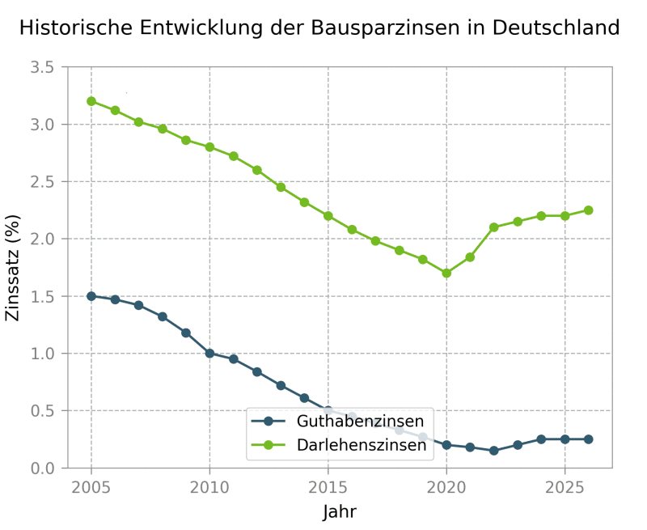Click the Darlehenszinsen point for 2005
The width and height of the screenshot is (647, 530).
coord(91,101)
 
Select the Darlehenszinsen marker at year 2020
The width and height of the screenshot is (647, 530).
coord(446,273)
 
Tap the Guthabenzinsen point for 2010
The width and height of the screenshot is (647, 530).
coord(209,354)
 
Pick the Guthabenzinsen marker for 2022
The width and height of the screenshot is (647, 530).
coord(493,451)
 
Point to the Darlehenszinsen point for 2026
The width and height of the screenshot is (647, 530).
coord(588,210)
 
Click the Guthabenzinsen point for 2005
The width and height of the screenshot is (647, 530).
coord(91,296)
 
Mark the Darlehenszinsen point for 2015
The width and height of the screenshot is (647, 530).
coord(328,216)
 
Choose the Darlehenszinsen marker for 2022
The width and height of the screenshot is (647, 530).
coord(493,227)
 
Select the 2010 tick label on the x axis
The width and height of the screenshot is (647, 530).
coord(209,489)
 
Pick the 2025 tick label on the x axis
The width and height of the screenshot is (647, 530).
coord(565,489)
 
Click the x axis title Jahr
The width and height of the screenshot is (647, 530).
coord(340,512)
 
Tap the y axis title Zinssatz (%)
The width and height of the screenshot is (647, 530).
coord(13,268)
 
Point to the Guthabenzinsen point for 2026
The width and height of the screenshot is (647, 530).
coord(588,439)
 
